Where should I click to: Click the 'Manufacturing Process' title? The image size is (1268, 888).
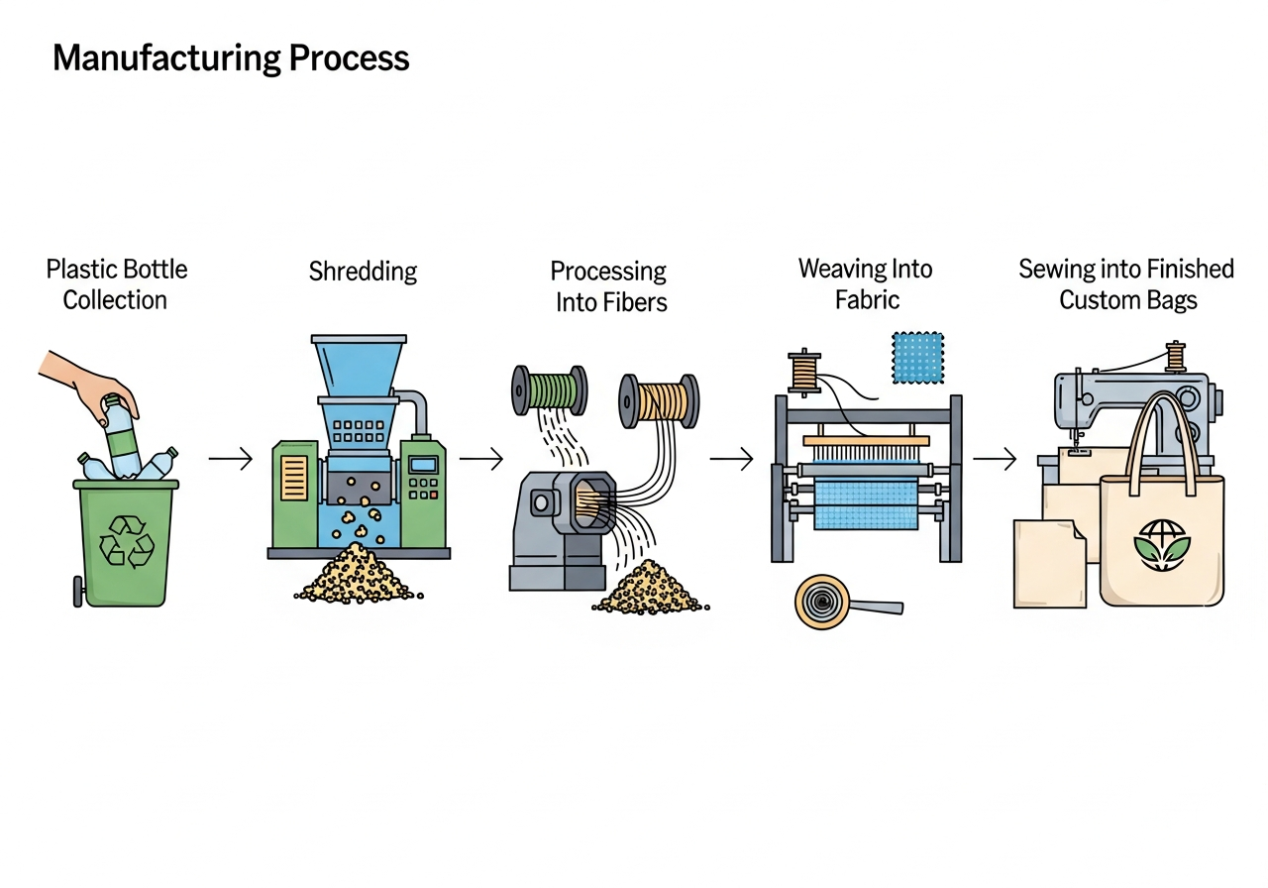coord(231,58)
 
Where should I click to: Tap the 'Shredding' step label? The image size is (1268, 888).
coord(363,272)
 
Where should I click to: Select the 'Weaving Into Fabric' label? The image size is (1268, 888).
coord(865,283)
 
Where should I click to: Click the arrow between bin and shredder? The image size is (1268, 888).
coord(230,460)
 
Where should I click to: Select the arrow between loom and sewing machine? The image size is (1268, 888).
coord(994,459)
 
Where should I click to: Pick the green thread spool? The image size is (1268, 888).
coord(548,389)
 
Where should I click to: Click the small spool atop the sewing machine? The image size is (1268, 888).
coord(1176,356)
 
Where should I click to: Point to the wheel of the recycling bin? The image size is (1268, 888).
coord(78,592)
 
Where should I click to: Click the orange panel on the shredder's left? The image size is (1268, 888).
coord(295,479)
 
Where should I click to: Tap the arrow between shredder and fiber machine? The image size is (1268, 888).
coord(481,459)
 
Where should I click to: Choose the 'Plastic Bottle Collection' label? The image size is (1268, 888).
coord(116,284)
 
